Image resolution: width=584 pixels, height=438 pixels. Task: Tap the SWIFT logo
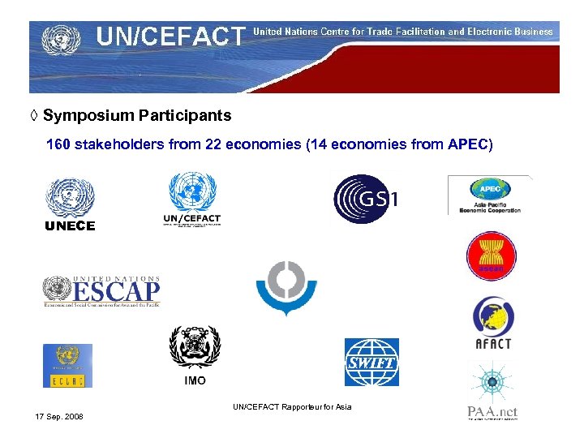click(371, 362)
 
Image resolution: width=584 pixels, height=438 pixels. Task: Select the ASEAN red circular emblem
click(491, 255)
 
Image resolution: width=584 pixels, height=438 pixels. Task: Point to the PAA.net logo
click(492, 391)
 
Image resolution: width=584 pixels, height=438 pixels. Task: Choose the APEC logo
click(490, 195)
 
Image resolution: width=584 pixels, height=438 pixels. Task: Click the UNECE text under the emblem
click(70, 226)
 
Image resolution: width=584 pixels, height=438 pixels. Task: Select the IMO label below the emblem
click(195, 380)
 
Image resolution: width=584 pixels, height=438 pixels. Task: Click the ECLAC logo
click(67, 366)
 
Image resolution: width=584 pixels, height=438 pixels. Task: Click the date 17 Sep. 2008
click(59, 417)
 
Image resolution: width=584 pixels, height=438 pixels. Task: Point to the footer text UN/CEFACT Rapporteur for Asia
click(292, 406)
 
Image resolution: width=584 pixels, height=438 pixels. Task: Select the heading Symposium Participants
click(137, 116)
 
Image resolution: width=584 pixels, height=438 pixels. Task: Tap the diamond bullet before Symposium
click(34, 116)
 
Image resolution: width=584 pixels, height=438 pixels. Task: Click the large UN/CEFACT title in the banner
click(170, 36)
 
